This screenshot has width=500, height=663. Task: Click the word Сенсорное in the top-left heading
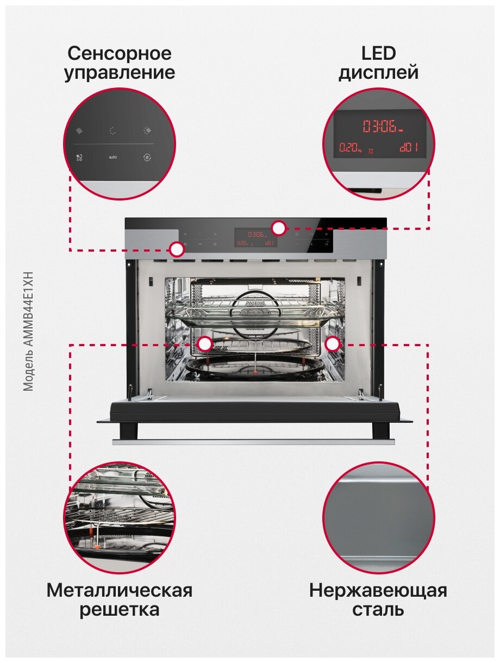click(x=120, y=54)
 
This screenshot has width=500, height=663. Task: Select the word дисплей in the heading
click(x=378, y=73)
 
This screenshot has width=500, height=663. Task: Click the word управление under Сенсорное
click(x=120, y=73)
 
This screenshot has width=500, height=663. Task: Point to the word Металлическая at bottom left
click(x=120, y=590)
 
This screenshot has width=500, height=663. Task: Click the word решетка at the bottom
click(x=120, y=609)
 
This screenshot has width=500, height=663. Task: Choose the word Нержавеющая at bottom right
click(x=378, y=590)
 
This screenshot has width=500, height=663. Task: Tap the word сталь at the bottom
click(x=378, y=609)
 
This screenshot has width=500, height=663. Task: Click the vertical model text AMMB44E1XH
click(x=29, y=331)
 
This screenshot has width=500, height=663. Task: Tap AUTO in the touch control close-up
click(x=112, y=157)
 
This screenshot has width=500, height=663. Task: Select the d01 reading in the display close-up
click(x=409, y=148)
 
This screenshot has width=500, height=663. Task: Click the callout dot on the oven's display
click(x=279, y=228)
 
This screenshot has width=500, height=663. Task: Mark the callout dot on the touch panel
click(x=177, y=249)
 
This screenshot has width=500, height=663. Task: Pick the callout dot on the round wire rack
click(x=205, y=343)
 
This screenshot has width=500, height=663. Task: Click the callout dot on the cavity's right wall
click(x=333, y=343)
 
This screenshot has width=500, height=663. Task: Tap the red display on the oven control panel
click(x=255, y=238)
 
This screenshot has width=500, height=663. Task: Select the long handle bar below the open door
click(x=253, y=442)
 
